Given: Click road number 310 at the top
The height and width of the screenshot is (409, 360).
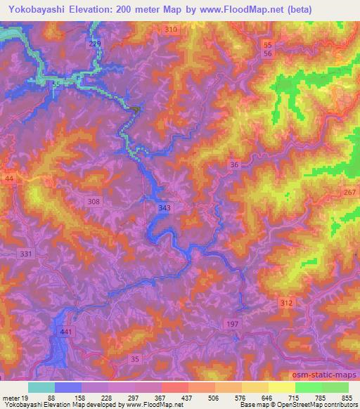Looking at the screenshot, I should click(169, 29).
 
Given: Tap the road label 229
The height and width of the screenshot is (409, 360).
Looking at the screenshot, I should click(96, 44).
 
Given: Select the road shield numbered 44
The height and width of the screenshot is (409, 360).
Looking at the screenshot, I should click(9, 180).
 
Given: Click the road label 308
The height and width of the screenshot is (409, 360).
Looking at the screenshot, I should click(94, 202).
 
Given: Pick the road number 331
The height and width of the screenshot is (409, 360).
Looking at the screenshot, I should click(27, 254).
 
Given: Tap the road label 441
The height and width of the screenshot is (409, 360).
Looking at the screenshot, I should click(66, 331).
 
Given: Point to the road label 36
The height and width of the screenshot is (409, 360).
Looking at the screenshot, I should click(235, 164).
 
